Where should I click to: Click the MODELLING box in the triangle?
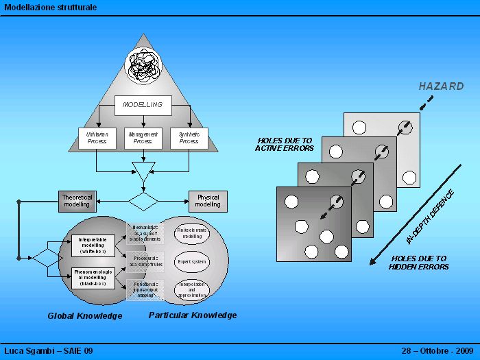[143, 105]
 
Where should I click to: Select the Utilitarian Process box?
[97, 138]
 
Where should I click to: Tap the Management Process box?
[143, 138]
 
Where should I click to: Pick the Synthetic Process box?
[189, 138]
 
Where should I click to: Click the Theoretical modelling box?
[77, 201]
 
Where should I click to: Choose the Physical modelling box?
[208, 201]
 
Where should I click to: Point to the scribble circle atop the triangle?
[143, 67]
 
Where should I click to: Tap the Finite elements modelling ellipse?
[192, 232]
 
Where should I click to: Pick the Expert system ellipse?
[192, 261]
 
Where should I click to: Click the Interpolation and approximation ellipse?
[192, 290]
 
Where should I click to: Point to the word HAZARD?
[441, 87]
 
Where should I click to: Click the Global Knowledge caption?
[85, 316]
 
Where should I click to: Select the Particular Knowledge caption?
[193, 315]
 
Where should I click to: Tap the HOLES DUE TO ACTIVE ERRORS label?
[284, 144]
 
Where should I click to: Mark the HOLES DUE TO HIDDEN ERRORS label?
[418, 263]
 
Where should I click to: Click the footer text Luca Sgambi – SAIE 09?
[49, 351]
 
